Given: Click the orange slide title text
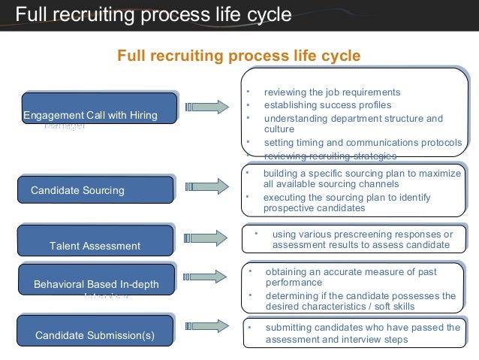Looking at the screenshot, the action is tap(239, 56).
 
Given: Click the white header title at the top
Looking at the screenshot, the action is tap(153, 14).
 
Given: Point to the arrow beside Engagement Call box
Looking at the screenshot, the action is tap(206, 107).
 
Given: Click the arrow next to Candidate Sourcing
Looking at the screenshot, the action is tap(206, 186).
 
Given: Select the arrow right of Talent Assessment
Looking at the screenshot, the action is tap(206, 238).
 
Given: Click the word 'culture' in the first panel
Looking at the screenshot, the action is tap(279, 129).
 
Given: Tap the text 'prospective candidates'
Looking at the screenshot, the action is tap(314, 208).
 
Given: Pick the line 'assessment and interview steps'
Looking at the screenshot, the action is tap(336, 340).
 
